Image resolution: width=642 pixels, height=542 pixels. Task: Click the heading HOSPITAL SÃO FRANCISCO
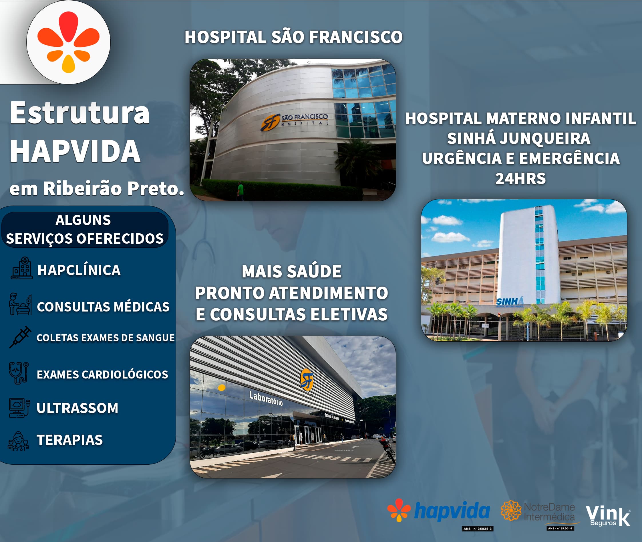(x=293, y=37)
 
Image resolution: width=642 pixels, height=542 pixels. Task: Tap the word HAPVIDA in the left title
(x=75, y=151)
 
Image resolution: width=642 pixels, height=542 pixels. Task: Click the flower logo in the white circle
(x=68, y=42)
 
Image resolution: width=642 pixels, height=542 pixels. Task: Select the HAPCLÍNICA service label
(x=79, y=270)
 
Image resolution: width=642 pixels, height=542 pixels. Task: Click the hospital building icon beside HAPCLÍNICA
(x=21, y=268)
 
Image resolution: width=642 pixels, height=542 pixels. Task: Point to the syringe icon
(x=20, y=337)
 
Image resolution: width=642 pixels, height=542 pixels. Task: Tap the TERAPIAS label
(x=70, y=440)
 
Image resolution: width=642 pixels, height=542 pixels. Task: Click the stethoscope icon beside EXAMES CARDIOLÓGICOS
(x=19, y=373)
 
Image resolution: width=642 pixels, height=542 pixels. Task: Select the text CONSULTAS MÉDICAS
(x=103, y=307)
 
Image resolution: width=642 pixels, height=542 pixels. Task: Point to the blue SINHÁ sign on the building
(x=510, y=302)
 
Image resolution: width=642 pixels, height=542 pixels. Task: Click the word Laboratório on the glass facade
(x=266, y=398)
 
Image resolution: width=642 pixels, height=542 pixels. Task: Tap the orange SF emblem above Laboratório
(x=307, y=380)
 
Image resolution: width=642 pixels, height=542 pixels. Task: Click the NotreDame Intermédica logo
(x=538, y=512)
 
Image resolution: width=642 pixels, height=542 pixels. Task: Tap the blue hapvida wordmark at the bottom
(x=452, y=511)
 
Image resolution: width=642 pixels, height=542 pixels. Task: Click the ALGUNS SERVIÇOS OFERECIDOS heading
(x=85, y=230)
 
